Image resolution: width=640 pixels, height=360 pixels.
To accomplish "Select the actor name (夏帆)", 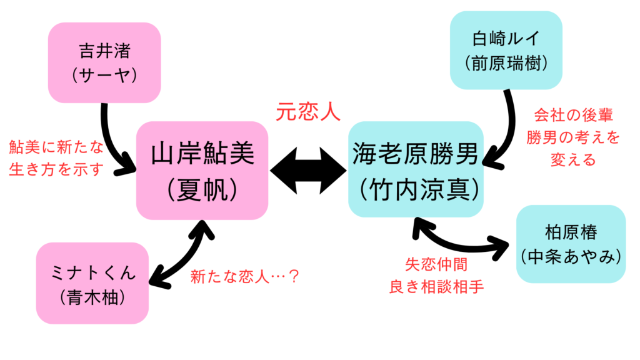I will point(202,189).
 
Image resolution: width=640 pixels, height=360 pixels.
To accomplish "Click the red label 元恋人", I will point(308,112).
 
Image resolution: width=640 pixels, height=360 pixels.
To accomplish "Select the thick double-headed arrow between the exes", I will point(309,169).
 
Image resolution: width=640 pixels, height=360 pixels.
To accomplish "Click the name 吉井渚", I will point(104,49).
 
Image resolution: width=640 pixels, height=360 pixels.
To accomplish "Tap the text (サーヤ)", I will point(104,75).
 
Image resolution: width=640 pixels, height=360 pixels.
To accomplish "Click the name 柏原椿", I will point(571,232).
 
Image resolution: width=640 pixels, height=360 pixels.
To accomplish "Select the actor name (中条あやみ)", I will point(571,256).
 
